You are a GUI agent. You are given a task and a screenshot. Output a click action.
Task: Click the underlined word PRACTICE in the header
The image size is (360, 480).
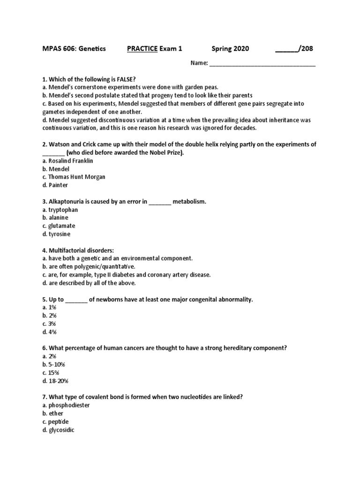[142, 49]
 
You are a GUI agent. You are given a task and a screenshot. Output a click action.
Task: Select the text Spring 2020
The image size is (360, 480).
[230, 49]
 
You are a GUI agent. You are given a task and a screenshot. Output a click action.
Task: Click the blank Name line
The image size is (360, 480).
[262, 63]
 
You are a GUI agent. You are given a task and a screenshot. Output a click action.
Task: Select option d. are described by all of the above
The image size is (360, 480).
[89, 283]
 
